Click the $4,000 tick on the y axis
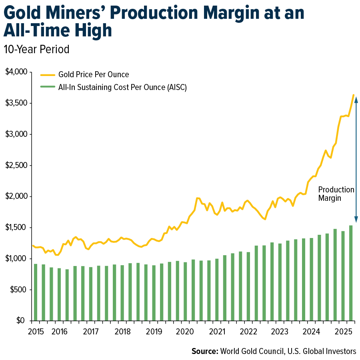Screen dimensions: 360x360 16,72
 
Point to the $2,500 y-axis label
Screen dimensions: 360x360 16,165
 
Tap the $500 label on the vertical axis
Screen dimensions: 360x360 18,290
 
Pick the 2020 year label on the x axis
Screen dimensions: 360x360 185,332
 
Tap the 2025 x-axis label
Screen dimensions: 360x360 343,332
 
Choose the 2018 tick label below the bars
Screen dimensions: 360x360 122,332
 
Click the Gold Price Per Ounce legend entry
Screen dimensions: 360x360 93,74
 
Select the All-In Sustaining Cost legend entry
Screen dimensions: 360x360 122,87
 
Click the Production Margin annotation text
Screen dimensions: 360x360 336,194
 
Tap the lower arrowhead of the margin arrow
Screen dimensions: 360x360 356,220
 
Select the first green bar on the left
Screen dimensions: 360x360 35,292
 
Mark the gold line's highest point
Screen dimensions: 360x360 353,95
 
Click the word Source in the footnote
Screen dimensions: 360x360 204,351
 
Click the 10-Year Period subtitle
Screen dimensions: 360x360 36,49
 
